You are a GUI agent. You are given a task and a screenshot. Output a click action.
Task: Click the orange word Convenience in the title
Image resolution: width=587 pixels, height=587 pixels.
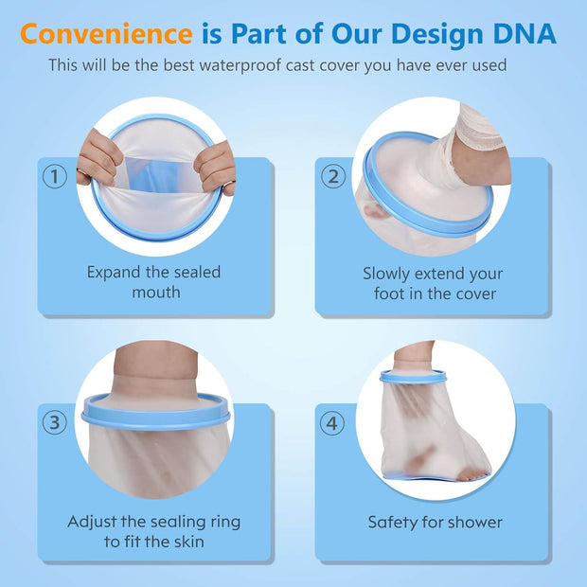pos(106,34)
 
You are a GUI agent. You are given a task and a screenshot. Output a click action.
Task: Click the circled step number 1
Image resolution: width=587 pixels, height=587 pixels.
pos(56,176)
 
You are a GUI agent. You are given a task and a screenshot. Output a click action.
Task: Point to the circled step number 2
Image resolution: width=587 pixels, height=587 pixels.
pos(332,176)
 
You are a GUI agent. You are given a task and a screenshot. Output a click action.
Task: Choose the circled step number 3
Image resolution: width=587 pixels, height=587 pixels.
pos(56,422)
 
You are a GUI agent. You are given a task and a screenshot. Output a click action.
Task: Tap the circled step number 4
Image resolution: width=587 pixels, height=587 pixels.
pos(332,422)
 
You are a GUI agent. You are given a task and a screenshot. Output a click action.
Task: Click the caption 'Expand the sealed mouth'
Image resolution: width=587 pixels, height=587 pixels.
pos(153,282)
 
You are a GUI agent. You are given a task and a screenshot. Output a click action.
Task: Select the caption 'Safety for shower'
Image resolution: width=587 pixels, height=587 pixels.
pos(435,522)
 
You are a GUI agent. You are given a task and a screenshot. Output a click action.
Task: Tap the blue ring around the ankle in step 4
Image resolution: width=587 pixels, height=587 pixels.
pos(413,377)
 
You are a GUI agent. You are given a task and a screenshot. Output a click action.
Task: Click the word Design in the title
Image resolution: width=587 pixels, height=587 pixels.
pos(414,34)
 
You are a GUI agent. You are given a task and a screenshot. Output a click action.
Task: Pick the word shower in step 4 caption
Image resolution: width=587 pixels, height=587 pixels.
pos(473,522)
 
